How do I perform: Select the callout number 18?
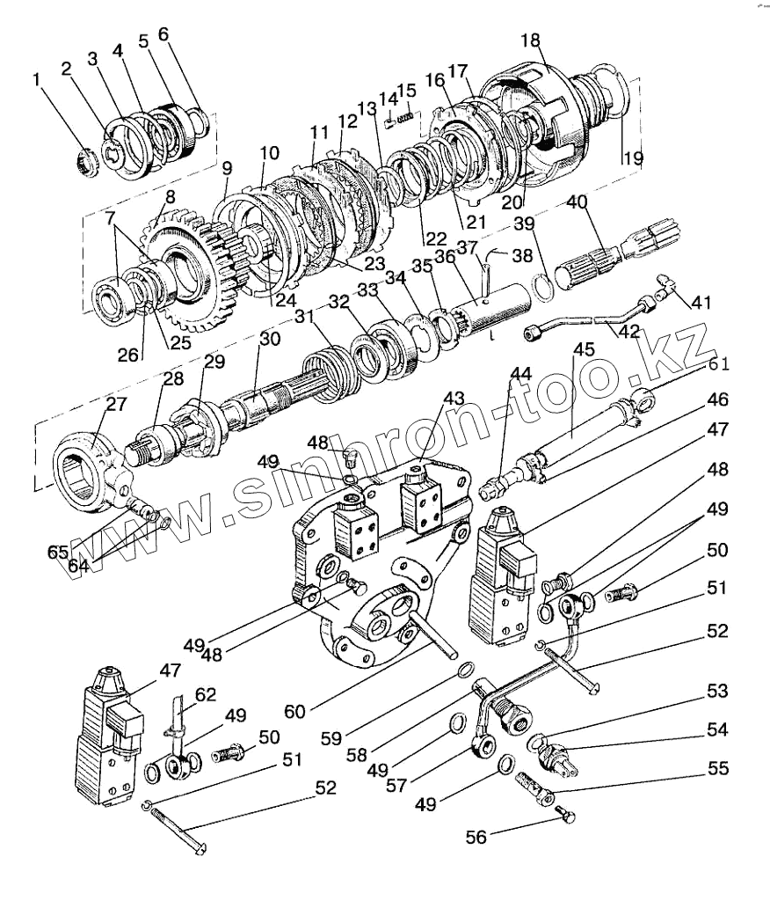[531, 40]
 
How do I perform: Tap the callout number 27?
[117, 405]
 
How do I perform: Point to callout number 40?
[577, 202]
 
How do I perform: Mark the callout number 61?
[719, 365]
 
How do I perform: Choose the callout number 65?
[58, 552]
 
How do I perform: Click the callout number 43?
[453, 399]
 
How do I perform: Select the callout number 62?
[205, 694]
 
